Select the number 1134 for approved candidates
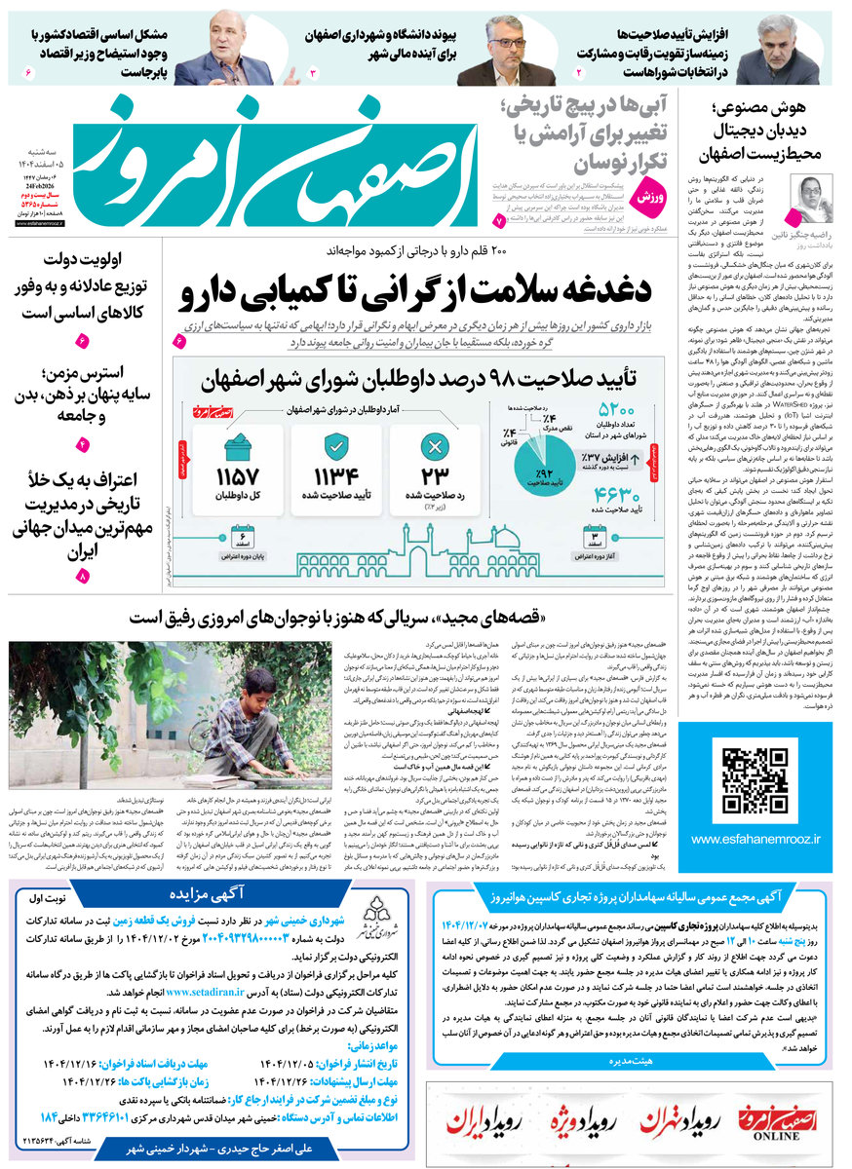point(335,476)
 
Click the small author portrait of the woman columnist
point(812,199)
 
